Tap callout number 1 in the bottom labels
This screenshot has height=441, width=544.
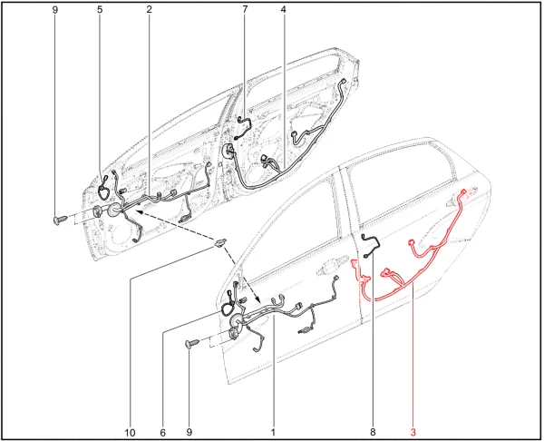tap(273, 422)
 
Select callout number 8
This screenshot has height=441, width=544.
tap(371, 422)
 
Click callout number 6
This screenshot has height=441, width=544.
tap(162, 422)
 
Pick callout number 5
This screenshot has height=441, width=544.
tap(100, 11)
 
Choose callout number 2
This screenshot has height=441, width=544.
tap(148, 11)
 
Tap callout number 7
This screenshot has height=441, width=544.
tap(245, 11)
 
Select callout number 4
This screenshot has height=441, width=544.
tap(283, 11)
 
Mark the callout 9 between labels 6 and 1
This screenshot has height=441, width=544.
tap(189, 422)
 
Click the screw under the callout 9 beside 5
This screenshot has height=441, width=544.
tap(60, 219)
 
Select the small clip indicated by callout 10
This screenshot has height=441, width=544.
tap(219, 241)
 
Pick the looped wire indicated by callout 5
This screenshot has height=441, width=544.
tap(103, 185)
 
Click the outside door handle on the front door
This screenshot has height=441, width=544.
tap(325, 268)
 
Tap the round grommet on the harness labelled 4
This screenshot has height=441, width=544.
tap(228, 152)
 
